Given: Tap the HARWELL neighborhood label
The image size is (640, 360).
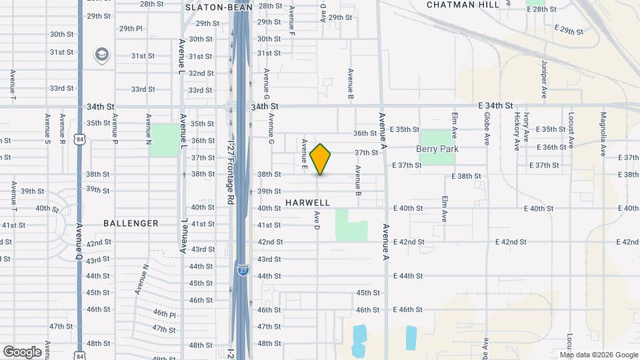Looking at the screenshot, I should [x=307, y=202].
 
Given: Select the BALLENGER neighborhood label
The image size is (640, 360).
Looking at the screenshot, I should [x=131, y=223].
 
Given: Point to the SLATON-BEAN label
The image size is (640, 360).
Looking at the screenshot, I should [x=209, y=7].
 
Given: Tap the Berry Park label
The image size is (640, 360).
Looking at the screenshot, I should [x=437, y=149].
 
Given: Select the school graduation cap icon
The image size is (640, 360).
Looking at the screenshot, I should [x=102, y=54].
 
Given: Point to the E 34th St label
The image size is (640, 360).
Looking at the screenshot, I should [x=495, y=105].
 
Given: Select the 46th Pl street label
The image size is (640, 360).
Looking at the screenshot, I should [x=163, y=314].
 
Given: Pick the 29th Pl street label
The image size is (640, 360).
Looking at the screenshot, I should [x=131, y=29].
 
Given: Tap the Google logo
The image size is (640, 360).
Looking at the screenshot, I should [x=22, y=352].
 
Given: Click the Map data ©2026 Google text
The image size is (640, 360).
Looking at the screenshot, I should [x=598, y=355].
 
